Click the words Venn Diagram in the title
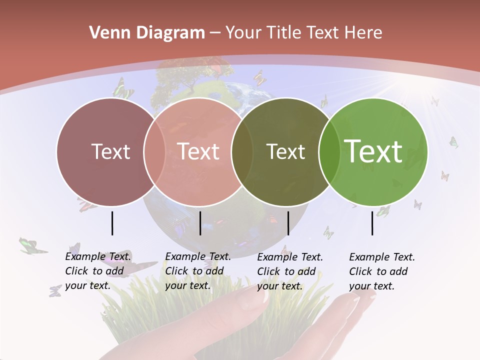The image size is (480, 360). click(x=147, y=33)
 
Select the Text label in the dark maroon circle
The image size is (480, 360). click(x=110, y=151)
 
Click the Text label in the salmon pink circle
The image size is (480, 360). click(x=198, y=151)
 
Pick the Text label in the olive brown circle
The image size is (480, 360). click(x=285, y=151)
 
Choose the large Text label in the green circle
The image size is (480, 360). click(x=373, y=151)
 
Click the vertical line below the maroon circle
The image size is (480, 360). click(x=112, y=223)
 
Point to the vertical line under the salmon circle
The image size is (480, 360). click(x=200, y=223)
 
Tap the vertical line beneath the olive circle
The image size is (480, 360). click(x=288, y=223)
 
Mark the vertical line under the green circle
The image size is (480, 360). click(x=372, y=223)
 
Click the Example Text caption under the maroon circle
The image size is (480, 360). click(x=97, y=271)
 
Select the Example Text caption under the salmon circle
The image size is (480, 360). click(x=197, y=271)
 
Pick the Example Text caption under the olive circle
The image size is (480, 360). click(x=289, y=271)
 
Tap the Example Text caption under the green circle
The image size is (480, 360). click(x=381, y=271)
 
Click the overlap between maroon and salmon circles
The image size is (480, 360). click(x=154, y=151)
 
